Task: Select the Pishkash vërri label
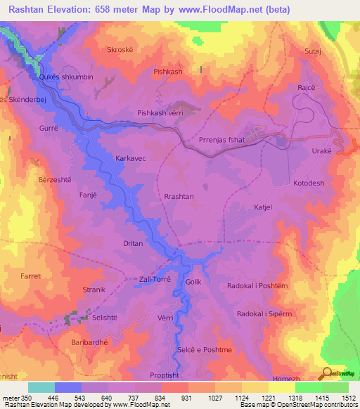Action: pos(161,113)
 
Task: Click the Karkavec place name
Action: pos(130,159)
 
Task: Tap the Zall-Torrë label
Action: pos(156,279)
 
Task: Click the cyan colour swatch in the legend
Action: pos(41,387)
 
